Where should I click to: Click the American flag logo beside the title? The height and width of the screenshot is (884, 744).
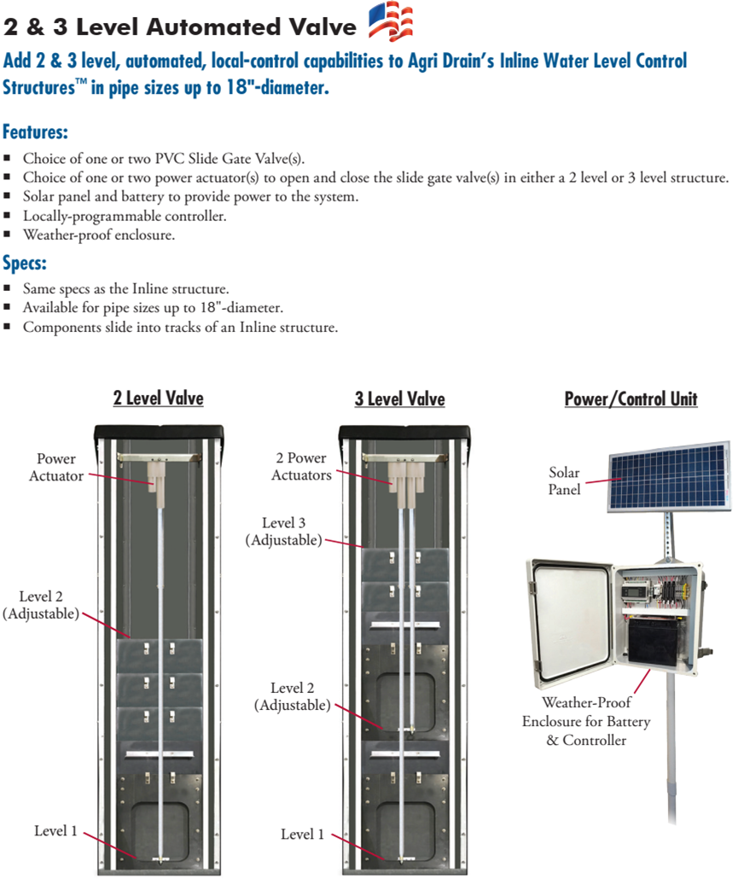(x=390, y=23)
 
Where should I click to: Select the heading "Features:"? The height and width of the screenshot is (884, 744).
(x=35, y=133)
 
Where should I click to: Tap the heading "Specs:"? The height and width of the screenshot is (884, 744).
(x=25, y=262)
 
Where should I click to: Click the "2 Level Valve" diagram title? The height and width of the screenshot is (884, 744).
(x=158, y=398)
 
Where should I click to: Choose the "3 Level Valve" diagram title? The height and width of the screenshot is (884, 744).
(x=399, y=398)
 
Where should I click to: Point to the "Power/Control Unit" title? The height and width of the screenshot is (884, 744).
(x=631, y=398)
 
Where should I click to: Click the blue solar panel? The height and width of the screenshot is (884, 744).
(x=668, y=476)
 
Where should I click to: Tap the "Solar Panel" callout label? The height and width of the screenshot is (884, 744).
(x=564, y=480)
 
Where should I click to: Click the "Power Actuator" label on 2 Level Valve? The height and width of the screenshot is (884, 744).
(x=56, y=468)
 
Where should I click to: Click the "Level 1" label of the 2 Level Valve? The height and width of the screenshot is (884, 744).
(x=55, y=830)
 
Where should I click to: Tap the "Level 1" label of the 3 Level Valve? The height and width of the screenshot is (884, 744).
(x=302, y=834)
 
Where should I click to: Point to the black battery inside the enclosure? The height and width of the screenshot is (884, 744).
(x=658, y=641)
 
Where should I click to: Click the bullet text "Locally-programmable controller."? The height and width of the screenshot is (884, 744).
(x=125, y=216)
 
